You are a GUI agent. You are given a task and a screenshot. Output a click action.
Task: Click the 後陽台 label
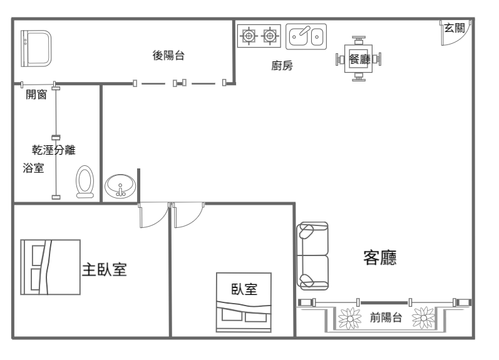(x=168, y=55)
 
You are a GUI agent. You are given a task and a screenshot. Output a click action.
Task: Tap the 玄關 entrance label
(x=455, y=28)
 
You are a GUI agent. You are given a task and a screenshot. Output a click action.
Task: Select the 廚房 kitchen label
(x=282, y=66)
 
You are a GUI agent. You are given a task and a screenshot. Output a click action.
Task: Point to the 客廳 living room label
(x=380, y=258)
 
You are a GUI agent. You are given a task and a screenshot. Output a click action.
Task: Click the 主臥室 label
(x=105, y=269)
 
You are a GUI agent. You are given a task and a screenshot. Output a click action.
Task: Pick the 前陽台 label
(x=386, y=317)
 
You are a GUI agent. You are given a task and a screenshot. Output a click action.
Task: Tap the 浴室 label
(x=33, y=168)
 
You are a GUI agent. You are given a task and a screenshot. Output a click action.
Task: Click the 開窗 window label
(x=36, y=94)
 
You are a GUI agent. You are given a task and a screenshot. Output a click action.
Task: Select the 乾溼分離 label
(x=53, y=150)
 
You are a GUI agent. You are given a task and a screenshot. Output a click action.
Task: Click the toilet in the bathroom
(x=85, y=182)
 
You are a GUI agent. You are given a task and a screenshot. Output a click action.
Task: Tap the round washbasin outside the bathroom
(x=120, y=186)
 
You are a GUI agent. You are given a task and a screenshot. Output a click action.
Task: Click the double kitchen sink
(x=306, y=36)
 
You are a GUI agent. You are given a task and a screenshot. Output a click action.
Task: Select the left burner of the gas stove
(x=249, y=36)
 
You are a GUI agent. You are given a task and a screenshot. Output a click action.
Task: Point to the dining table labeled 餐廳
(x=358, y=59)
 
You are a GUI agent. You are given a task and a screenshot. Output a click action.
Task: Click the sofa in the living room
(x=312, y=256)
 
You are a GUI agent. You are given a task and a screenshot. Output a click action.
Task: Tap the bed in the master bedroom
(x=50, y=267)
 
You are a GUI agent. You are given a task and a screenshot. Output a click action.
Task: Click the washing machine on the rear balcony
(x=36, y=48)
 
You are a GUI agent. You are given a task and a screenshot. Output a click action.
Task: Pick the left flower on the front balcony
(x=350, y=318)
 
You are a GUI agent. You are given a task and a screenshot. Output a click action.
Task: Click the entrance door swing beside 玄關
(x=456, y=33)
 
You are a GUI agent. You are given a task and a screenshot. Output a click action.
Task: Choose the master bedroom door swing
(x=154, y=215)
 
